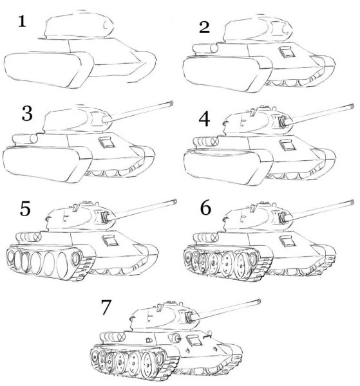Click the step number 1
pyautogui.click(x=22, y=22)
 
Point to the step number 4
pyautogui.click(x=205, y=119)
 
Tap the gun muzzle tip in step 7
pyautogui.click(x=258, y=300)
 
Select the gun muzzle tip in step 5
pyautogui.click(x=173, y=201)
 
